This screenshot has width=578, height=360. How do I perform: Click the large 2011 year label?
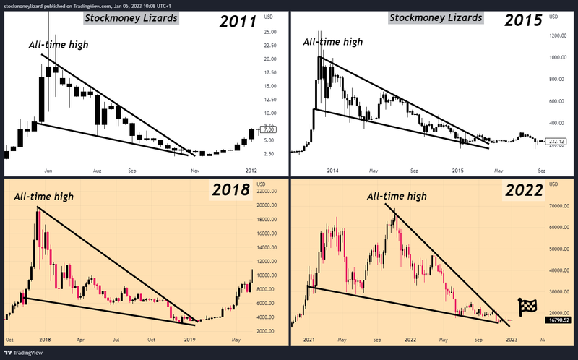point(238,20)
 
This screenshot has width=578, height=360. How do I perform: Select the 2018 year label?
point(230,191)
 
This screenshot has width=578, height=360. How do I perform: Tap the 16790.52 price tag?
point(558,320)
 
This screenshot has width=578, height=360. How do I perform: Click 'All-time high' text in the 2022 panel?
point(397,196)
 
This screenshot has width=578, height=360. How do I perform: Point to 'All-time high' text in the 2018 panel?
point(43,196)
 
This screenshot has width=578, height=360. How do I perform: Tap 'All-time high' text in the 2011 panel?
point(58,46)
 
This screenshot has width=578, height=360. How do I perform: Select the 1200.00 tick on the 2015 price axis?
point(558,35)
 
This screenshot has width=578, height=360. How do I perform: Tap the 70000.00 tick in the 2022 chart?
point(558,206)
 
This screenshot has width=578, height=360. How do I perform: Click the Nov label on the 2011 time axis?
point(194,171)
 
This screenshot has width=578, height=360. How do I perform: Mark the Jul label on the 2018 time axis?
point(115,338)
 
